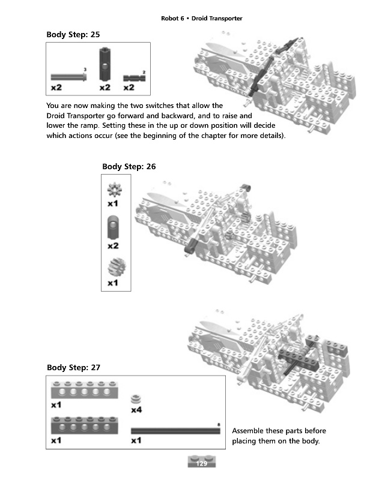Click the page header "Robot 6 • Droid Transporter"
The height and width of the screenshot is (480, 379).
(201, 19)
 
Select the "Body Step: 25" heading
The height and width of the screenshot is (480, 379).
(73, 34)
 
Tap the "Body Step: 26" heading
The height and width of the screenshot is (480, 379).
(129, 166)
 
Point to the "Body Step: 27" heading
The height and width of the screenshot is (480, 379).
(73, 367)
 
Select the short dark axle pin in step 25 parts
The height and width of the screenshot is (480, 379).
(135, 78)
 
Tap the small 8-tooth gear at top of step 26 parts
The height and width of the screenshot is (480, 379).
(115, 191)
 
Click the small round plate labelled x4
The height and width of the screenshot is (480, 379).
(137, 398)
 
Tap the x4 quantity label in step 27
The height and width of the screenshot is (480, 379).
(137, 410)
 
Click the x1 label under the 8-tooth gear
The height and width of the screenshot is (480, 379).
(113, 204)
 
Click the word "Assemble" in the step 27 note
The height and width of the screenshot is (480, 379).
(249, 431)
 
